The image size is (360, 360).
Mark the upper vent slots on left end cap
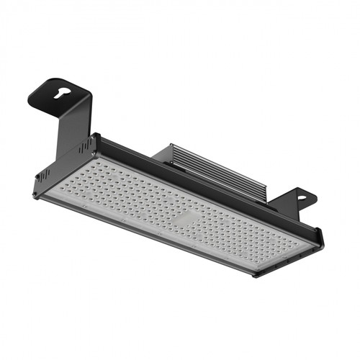point(86,147)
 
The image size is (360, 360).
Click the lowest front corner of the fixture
point(256,276)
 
